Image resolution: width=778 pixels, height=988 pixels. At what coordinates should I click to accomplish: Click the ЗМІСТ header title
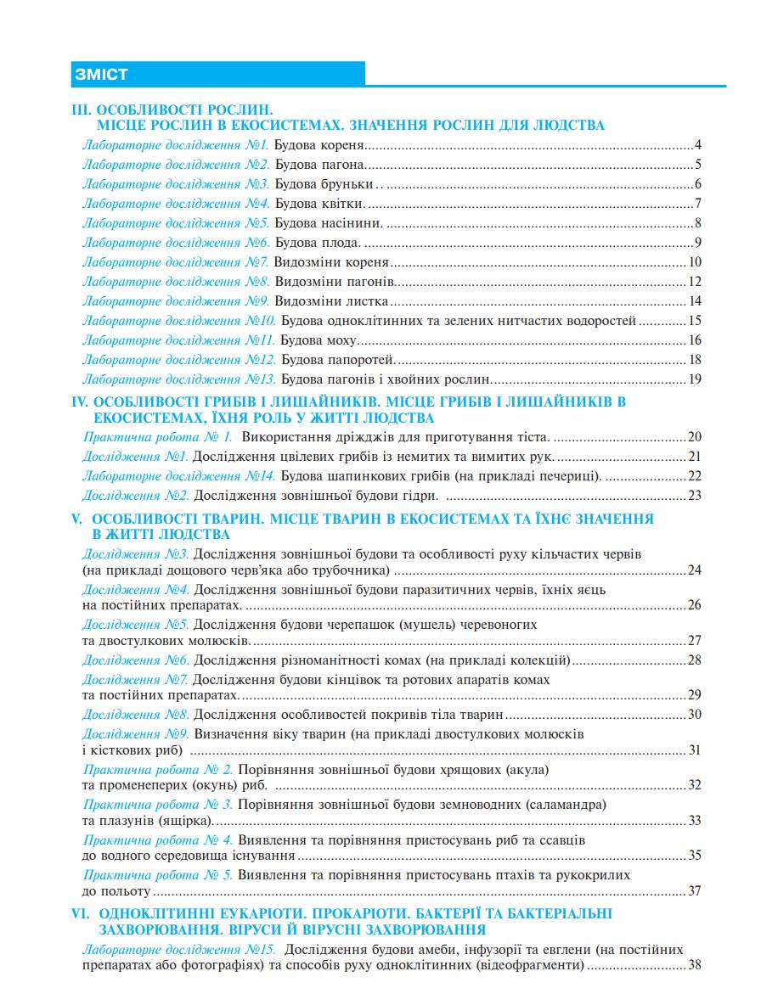[100, 75]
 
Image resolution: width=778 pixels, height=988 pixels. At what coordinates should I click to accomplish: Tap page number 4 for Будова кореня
[696, 144]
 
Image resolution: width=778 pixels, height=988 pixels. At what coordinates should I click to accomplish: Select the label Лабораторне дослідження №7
[176, 262]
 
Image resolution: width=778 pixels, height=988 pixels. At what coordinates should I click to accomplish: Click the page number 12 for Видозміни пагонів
[694, 282]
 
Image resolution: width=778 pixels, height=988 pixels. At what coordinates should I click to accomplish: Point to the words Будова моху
[319, 340]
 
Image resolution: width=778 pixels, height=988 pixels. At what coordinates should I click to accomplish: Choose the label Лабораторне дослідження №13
[179, 379]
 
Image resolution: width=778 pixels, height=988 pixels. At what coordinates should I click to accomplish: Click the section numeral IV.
[79, 401]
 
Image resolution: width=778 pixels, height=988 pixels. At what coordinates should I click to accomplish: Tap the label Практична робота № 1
[157, 437]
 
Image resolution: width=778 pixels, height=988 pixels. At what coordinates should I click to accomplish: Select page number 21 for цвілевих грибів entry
[694, 457]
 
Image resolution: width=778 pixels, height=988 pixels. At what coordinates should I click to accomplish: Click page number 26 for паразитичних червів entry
[694, 605]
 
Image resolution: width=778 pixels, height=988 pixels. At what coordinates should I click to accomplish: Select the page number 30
[694, 714]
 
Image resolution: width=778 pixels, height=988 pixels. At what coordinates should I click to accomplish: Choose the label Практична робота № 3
[158, 803]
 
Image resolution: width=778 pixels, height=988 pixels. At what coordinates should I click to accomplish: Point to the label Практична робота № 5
[158, 874]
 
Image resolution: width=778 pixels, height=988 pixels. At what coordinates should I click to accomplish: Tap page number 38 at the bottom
[694, 965]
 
